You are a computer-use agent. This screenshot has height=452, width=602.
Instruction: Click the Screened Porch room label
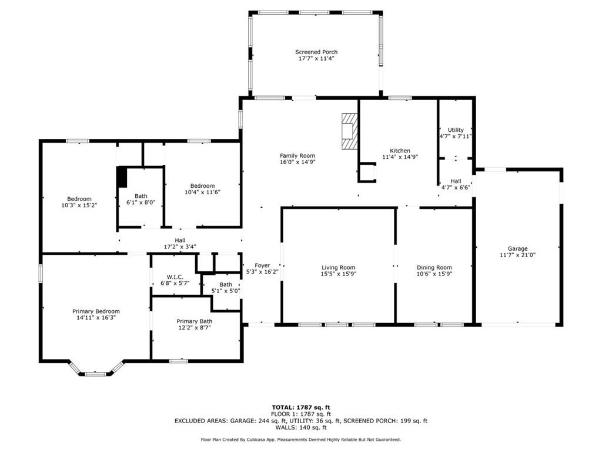coord(316,52)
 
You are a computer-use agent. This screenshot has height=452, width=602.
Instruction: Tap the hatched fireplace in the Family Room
coord(350,131)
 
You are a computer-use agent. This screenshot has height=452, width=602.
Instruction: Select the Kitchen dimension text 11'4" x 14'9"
coord(400,157)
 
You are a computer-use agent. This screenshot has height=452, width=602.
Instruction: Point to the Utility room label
coord(456,130)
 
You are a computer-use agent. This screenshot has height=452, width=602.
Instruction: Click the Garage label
coord(517,248)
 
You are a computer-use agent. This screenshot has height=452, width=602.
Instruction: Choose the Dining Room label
coord(434,267)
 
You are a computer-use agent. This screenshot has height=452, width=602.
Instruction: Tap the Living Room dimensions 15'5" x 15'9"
coord(338,274)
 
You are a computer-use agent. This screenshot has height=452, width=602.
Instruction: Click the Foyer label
coord(262,265)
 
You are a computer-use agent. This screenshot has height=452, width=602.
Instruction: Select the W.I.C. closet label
coord(175,277)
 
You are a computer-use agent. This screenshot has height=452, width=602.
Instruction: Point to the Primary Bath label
coord(194,321)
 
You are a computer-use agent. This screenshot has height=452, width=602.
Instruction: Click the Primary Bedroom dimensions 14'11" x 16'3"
coord(96,317)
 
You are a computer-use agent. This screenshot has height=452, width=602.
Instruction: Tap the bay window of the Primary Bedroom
coord(96,370)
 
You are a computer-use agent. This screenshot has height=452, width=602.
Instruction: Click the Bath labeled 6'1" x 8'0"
coord(141,196)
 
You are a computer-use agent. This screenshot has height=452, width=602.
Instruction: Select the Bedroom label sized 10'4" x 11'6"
coord(202,185)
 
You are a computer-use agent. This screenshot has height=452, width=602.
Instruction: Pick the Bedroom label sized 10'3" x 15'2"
coord(79,199)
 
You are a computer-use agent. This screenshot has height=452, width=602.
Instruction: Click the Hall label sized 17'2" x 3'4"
coord(180,240)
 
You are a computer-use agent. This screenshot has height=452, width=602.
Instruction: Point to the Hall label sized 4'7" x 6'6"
coord(456,181)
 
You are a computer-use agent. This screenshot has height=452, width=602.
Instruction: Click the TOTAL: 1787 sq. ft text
coord(301,407)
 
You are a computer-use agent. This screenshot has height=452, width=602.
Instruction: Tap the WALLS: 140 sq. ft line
coord(301,427)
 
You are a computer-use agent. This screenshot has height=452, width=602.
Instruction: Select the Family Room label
coord(297,155)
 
